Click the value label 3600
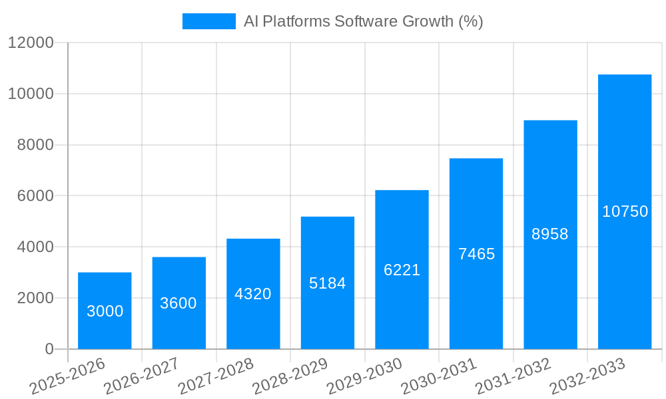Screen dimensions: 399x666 coord(178,303)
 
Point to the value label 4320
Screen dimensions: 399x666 coord(253,294)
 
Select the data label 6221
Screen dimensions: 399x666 coord(402,270)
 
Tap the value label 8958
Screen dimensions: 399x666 coord(550,234)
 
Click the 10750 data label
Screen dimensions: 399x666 coord(625,211)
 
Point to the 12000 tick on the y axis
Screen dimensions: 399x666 coord(31,43)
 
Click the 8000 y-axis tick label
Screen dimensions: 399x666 coord(35,145)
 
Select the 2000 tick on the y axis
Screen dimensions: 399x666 coord(35,298)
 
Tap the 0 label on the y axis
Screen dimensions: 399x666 coord(49,349)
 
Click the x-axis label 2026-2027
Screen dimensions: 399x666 coord(142,376)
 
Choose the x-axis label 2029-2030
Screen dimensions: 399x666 coord(365,376)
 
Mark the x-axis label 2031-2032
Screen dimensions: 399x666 coord(513,376)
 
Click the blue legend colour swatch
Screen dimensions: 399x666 coord(208,21)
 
